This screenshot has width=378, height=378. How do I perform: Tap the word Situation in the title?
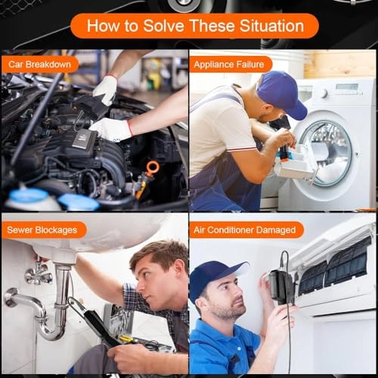[271, 26]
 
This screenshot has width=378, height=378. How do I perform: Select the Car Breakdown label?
[39, 64]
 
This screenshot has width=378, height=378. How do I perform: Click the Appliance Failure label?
[229, 64]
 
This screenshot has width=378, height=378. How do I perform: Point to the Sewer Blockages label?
[42, 230]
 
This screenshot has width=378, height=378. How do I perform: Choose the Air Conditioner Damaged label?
[245, 230]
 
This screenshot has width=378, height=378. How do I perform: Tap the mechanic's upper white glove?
[105, 90]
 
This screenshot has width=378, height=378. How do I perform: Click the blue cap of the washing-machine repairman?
[282, 94]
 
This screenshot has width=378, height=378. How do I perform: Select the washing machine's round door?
[327, 153]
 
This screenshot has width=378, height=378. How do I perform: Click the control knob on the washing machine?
[324, 94]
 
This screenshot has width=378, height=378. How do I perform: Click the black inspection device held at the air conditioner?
[280, 287]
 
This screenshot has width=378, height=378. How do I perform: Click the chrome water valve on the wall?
[38, 274]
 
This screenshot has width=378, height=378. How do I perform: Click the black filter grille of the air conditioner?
[334, 268]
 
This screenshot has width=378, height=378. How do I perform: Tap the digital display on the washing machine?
[347, 87]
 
